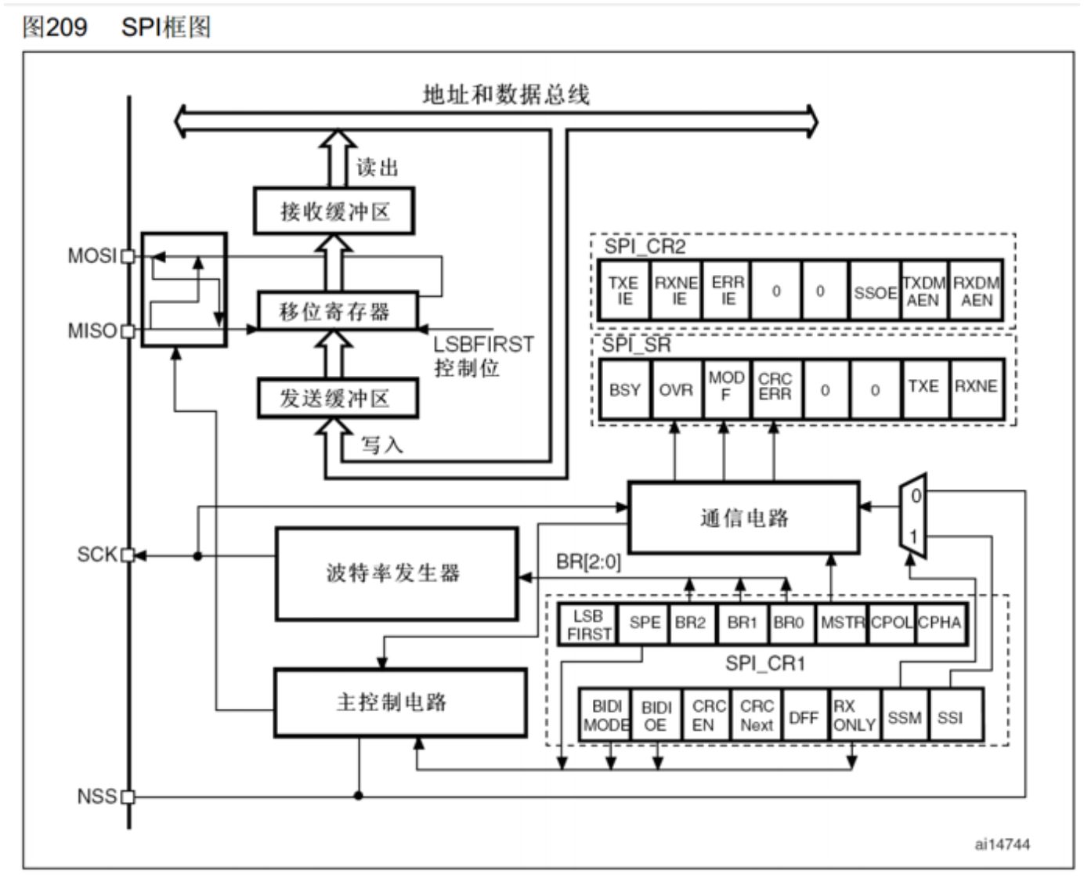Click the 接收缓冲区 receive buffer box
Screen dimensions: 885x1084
point(334,211)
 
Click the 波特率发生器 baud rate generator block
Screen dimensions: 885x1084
point(396,573)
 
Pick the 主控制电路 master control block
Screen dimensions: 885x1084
point(399,702)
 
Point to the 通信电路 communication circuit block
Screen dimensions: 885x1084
point(743,518)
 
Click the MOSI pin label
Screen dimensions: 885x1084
point(92,256)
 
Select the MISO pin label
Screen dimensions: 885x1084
point(92,331)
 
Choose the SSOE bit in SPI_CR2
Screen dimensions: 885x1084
point(875,292)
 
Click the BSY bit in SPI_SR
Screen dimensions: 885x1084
point(624,389)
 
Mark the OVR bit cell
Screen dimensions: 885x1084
point(675,389)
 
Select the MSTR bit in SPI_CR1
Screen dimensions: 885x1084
point(842,623)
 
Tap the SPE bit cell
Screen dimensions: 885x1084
point(644,623)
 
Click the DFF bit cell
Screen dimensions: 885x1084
point(803,716)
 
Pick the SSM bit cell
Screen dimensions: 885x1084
point(904,716)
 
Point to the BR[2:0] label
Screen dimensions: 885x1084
point(588,562)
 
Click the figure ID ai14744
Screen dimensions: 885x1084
point(1002,844)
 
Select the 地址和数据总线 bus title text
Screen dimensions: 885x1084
point(506,95)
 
